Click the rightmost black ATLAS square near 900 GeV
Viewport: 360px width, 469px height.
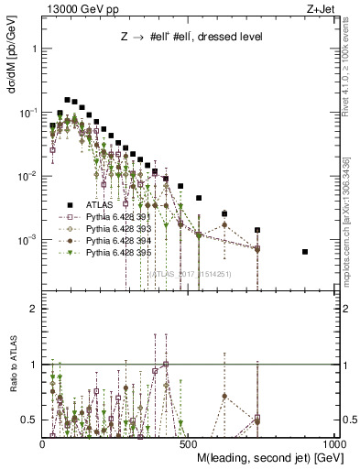(305, 252)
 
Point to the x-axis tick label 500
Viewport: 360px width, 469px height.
(190, 442)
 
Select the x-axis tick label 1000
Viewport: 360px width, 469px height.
(336, 442)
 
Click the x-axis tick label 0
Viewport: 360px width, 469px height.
(43, 442)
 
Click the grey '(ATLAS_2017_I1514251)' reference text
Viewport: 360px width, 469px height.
(190, 273)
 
